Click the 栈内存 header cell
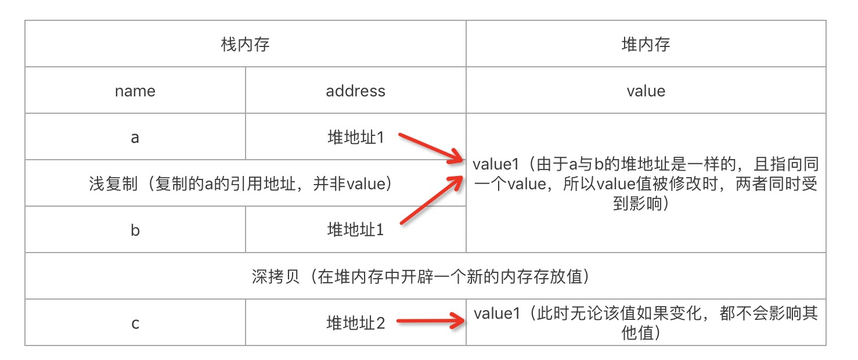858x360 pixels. tap(245, 44)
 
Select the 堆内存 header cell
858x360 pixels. tap(646, 44)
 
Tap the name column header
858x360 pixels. tap(135, 91)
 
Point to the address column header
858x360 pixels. tap(355, 91)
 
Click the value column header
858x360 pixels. tap(646, 91)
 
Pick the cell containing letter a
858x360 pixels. tap(135, 138)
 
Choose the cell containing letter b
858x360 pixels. tap(135, 230)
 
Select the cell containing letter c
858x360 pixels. tap(135, 323)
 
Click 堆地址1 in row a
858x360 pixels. tap(355, 138)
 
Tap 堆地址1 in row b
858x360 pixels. tap(355, 230)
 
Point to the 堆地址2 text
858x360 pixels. tap(355, 323)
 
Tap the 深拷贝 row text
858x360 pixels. tap(424, 276)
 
